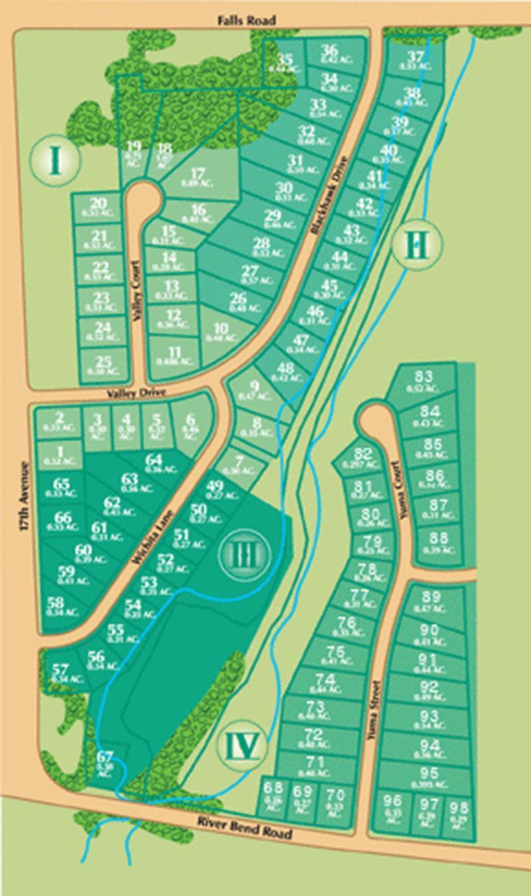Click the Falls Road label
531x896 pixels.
[246, 21]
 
